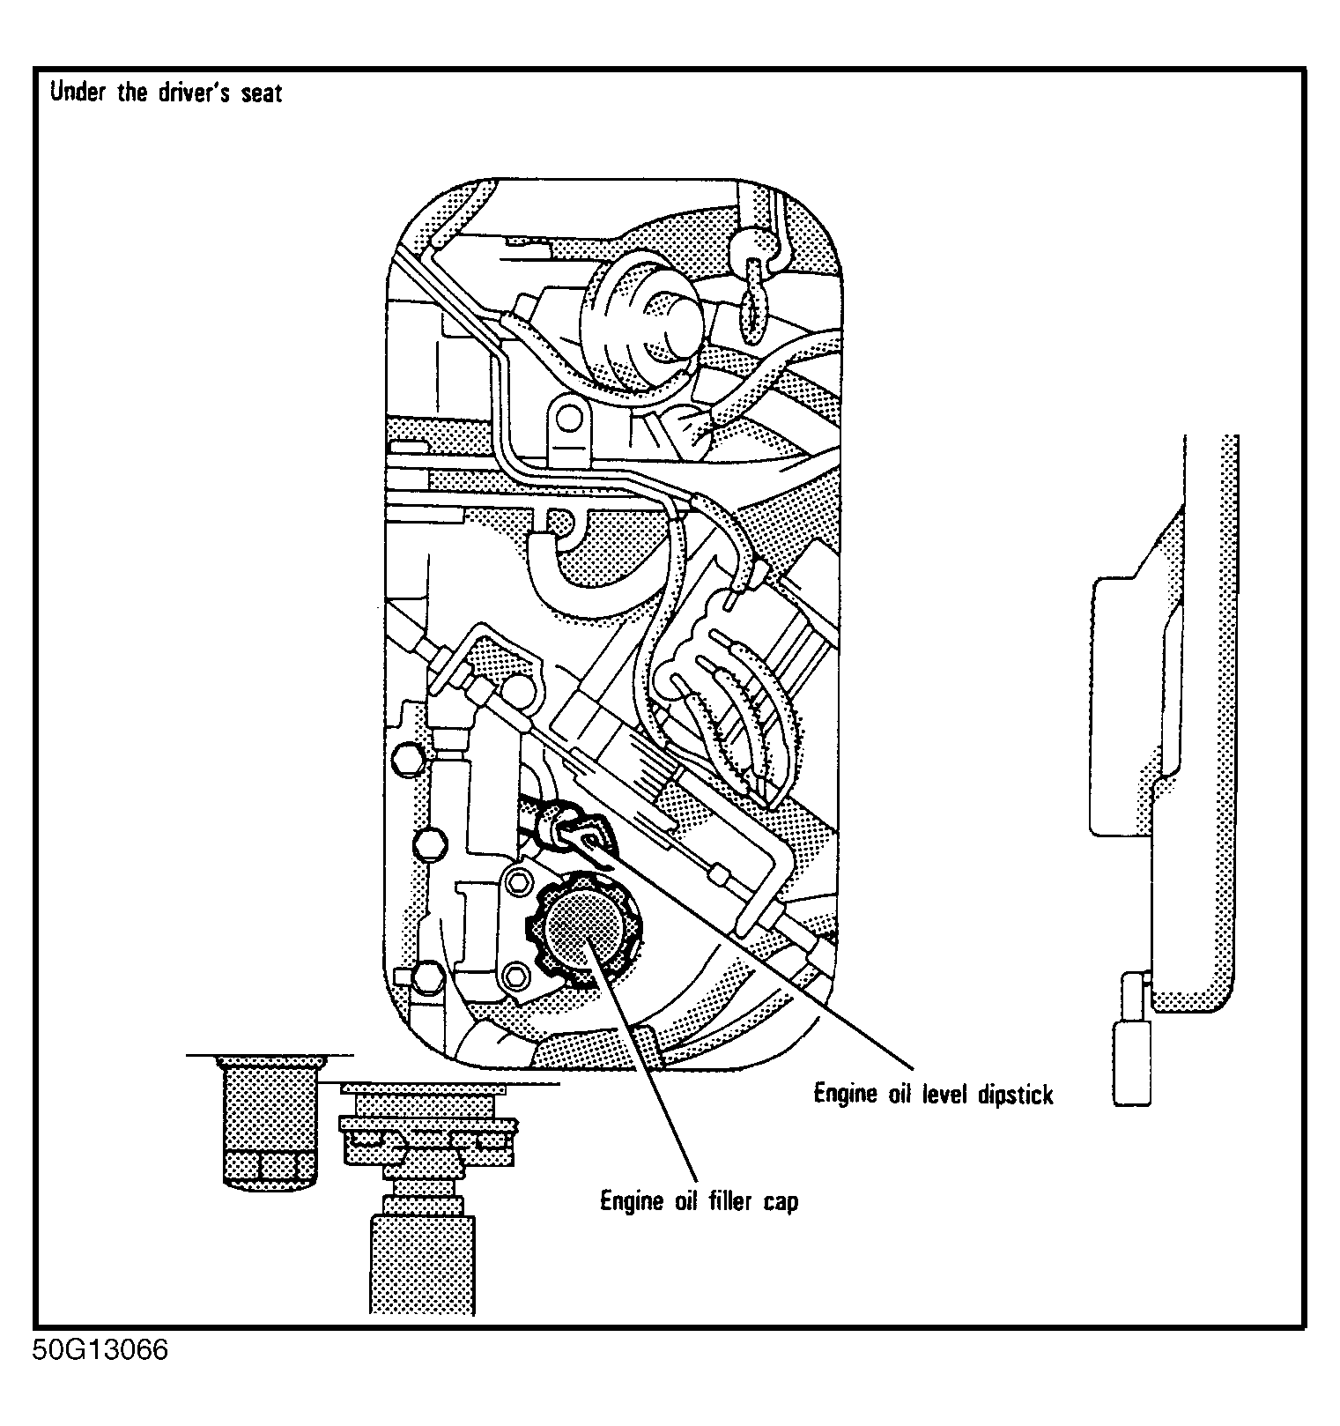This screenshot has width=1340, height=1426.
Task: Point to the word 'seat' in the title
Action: coord(261,93)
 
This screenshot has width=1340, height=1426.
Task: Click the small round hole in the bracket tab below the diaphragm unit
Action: coord(570,418)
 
